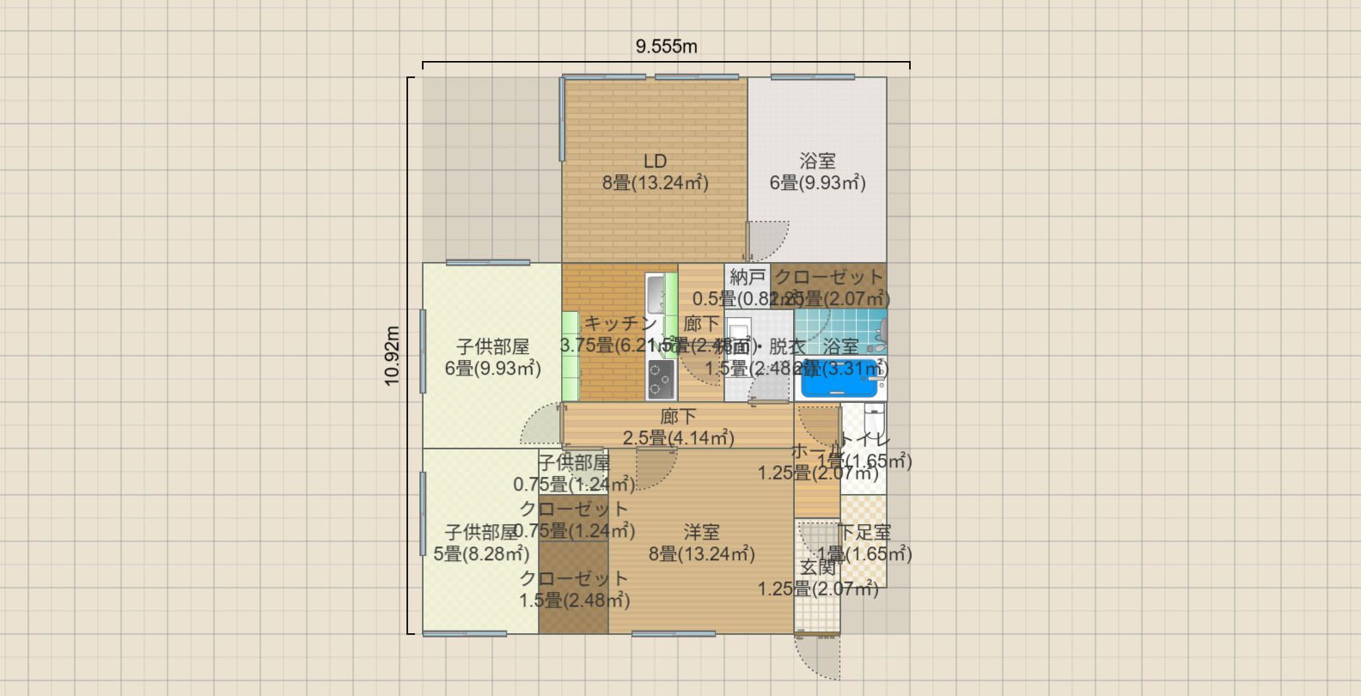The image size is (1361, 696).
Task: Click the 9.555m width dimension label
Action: click(666, 46)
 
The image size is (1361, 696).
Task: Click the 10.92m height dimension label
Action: click(392, 356)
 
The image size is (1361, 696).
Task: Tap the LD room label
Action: click(655, 162)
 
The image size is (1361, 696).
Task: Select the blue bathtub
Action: click(839, 382)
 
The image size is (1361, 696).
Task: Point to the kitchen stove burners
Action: click(661, 379)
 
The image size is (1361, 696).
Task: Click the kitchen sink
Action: click(655, 294)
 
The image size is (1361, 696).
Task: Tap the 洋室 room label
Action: click(701, 533)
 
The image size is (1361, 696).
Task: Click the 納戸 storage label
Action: click(747, 277)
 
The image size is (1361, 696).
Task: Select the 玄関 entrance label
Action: click(817, 567)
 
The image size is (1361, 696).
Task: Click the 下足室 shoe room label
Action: click(864, 533)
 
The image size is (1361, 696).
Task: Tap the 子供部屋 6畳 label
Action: click(492, 347)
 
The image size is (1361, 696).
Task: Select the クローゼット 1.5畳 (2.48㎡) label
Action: click(574, 589)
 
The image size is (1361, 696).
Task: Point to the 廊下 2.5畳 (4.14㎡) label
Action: click(678, 427)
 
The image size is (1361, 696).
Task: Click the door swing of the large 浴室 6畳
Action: click(767, 240)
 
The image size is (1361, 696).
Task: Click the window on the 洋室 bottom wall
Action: click(674, 634)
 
